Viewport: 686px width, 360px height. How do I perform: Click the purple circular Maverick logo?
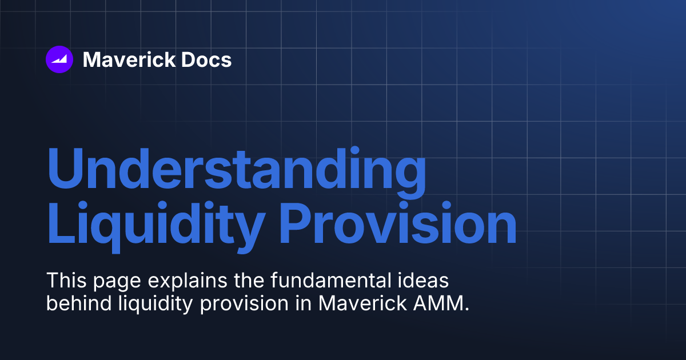click(x=59, y=59)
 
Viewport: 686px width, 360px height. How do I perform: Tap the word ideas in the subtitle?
click(x=418, y=281)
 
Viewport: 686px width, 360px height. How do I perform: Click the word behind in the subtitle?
click(x=72, y=303)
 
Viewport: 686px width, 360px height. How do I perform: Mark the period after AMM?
click(x=467, y=310)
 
